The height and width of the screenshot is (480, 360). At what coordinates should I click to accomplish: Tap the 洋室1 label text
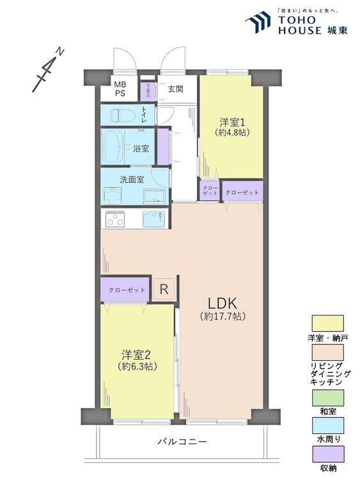click(x=231, y=121)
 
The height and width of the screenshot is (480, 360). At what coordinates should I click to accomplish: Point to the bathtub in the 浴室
click(x=116, y=148)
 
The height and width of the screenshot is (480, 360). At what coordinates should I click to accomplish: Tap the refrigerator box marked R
click(x=164, y=290)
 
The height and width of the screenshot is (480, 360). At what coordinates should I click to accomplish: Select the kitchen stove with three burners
click(x=115, y=220)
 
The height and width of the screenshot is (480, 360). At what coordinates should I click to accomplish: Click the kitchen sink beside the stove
click(x=153, y=220)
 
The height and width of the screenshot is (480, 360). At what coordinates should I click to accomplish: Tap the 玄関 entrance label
click(x=176, y=89)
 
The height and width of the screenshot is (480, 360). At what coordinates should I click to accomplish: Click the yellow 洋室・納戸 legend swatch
click(x=327, y=323)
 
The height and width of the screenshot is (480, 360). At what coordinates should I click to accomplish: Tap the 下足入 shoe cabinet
click(x=148, y=89)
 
